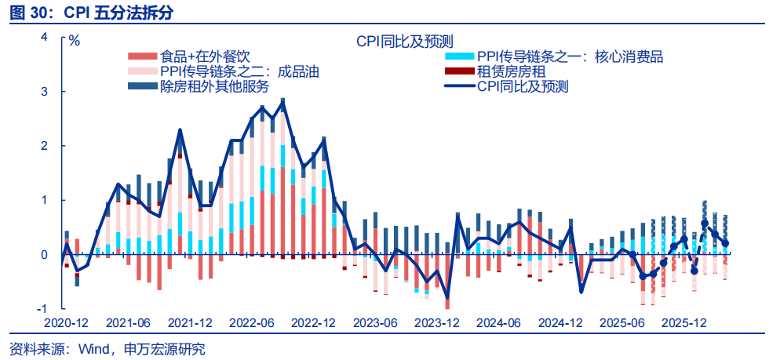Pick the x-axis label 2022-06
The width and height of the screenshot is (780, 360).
point(251,322)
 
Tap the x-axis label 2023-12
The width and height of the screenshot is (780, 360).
point(436,322)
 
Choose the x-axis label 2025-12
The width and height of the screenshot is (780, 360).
point(683,322)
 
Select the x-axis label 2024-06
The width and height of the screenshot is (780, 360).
point(498,322)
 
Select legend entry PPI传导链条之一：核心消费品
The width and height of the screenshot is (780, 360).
point(570,56)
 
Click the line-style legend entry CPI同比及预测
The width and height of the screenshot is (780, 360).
point(523,86)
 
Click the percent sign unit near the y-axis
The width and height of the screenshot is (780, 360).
point(75,41)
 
